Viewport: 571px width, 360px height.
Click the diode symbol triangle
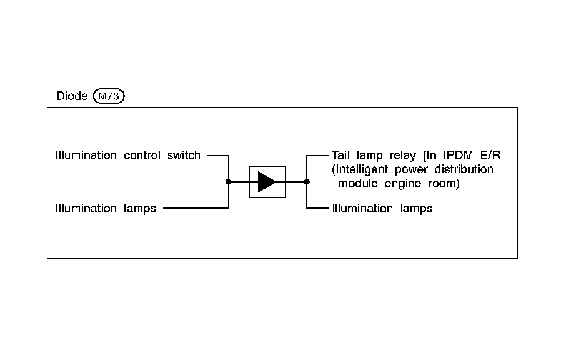(x=267, y=182)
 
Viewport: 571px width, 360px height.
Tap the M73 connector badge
(x=109, y=97)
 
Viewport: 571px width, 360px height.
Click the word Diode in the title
(x=72, y=97)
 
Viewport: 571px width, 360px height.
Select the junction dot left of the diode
(x=228, y=182)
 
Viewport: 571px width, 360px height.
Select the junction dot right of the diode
(x=307, y=182)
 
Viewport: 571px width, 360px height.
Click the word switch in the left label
(x=184, y=155)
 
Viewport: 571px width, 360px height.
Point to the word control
(x=142, y=155)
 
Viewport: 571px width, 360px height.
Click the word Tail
(x=342, y=155)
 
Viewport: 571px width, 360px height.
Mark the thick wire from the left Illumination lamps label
(x=194, y=208)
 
